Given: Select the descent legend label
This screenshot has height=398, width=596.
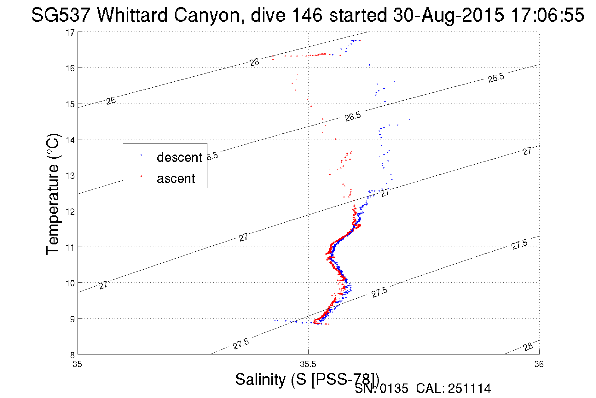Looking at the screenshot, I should tap(179, 157).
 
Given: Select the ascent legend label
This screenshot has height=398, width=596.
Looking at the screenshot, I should tap(176, 179).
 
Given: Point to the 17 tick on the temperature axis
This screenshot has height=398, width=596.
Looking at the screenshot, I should tap(70, 32).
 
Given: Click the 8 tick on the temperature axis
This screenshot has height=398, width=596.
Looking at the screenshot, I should tap(72, 355).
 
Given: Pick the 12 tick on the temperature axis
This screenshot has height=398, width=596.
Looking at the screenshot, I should tap(70, 212).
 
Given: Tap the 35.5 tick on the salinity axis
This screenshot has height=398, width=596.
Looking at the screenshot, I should tap(308, 365).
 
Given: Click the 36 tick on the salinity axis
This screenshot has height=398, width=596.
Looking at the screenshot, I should tap(539, 365).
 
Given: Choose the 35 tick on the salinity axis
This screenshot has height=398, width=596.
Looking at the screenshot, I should tap(77, 365).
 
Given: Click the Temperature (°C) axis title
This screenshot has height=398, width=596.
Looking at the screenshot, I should tap(53, 194).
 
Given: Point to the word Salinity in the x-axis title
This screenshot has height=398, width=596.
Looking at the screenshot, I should tap(260, 379).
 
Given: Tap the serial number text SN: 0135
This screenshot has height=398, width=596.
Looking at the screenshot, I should tap(381, 389).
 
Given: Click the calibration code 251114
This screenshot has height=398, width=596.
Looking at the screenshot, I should tap(469, 389).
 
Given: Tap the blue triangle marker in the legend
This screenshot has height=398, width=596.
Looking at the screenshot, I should tap(141, 155).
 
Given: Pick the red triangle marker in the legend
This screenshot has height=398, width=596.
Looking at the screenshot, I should tap(141, 176).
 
